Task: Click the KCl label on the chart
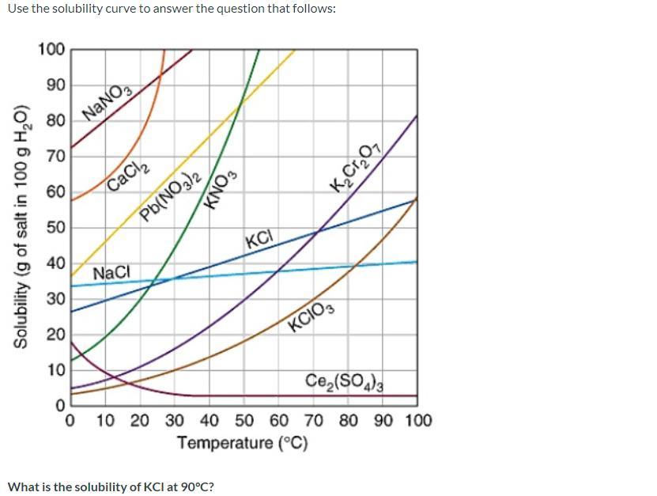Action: click(x=259, y=238)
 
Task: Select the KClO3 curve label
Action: click(x=312, y=316)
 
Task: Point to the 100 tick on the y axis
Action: click(x=51, y=50)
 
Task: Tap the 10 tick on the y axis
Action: click(x=55, y=370)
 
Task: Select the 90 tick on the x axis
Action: click(x=383, y=419)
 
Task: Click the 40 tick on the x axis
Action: click(x=210, y=419)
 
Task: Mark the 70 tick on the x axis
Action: click(x=313, y=419)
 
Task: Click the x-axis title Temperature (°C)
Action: click(x=242, y=442)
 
